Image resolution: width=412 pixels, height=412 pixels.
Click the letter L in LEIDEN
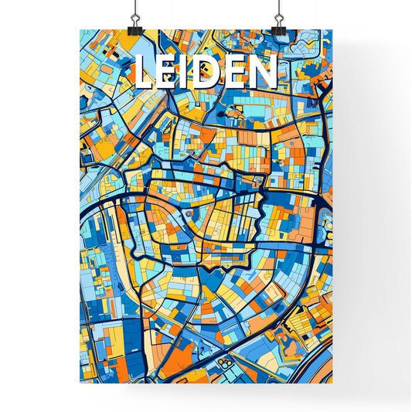point(144,73)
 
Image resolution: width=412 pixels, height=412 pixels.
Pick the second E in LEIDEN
point(234,73)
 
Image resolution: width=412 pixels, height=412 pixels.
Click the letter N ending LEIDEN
point(261,73)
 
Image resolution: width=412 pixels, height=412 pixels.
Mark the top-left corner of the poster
point(80,31)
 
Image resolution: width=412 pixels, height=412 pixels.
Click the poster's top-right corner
point(332,31)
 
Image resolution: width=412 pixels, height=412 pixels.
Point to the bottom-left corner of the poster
point(80,383)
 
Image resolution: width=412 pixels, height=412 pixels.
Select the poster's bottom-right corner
point(332,383)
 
